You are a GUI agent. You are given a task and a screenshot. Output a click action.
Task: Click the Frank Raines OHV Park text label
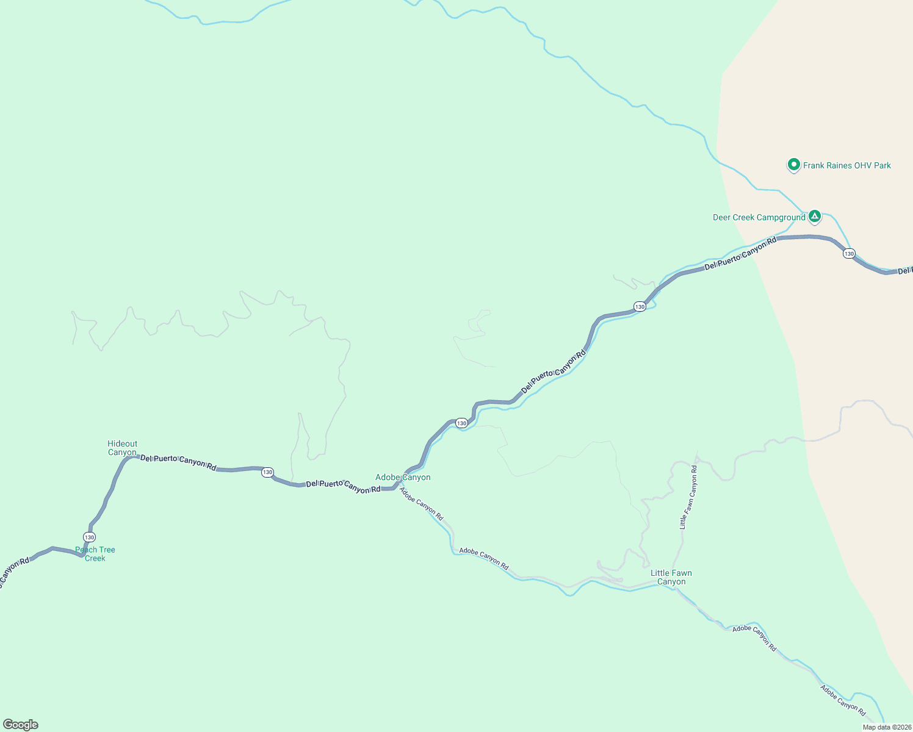[846, 165]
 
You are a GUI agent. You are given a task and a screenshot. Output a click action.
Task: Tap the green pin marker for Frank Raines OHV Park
[793, 165]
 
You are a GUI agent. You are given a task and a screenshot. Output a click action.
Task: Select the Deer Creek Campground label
[759, 218]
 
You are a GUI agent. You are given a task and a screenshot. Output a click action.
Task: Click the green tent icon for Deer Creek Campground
[814, 217]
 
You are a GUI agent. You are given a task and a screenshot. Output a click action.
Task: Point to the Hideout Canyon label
[123, 448]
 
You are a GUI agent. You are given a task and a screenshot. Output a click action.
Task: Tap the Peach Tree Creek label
[95, 554]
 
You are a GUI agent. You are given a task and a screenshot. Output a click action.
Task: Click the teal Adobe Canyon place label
[403, 478]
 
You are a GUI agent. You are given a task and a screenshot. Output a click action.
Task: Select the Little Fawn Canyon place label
[671, 577]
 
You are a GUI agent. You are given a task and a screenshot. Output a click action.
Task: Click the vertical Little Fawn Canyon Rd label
[688, 497]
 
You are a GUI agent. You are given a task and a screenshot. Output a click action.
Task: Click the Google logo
[21, 725]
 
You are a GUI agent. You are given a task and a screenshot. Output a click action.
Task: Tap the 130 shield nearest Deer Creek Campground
[849, 253]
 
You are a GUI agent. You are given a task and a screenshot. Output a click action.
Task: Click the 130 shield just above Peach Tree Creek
[90, 537]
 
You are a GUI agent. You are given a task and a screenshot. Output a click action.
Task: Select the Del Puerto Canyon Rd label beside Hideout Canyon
[178, 462]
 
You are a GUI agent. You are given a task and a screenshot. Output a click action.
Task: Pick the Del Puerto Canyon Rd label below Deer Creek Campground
[740, 253]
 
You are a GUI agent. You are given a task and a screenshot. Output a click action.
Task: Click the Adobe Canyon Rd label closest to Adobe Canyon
[421, 503]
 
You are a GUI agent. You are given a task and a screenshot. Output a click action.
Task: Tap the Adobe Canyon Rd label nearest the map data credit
[843, 700]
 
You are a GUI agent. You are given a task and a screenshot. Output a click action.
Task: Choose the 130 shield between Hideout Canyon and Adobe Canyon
[267, 473]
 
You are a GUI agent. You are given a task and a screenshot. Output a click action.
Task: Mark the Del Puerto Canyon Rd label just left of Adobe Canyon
[343, 486]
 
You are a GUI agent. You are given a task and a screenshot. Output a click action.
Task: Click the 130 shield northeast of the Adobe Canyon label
[461, 423]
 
